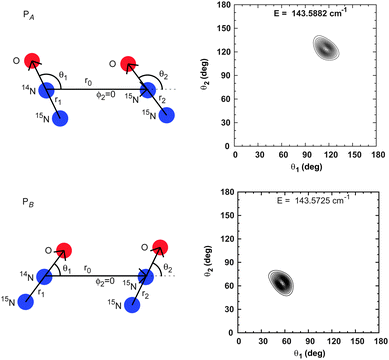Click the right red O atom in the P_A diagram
(x=128, y=66)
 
